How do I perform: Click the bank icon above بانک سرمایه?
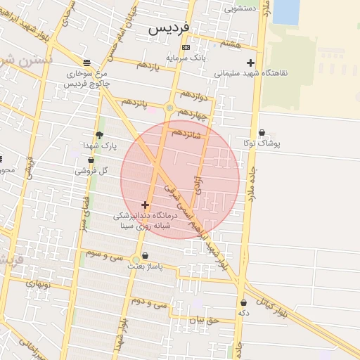tap(186, 48)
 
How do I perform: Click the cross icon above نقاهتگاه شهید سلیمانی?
tap(250, 63)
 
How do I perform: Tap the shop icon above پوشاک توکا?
tap(262, 133)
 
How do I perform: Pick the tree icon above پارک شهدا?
tap(99, 135)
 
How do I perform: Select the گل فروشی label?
tap(92, 170)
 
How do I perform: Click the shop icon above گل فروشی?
tap(91, 160)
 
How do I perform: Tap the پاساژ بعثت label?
tap(146, 266)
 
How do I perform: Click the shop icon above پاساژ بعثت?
tap(146, 256)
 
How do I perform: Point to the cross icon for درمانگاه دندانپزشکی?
tap(146, 205)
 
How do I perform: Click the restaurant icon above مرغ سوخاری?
tap(86, 62)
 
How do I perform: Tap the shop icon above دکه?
tap(243, 302)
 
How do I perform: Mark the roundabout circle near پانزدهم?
tap(169, 108)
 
